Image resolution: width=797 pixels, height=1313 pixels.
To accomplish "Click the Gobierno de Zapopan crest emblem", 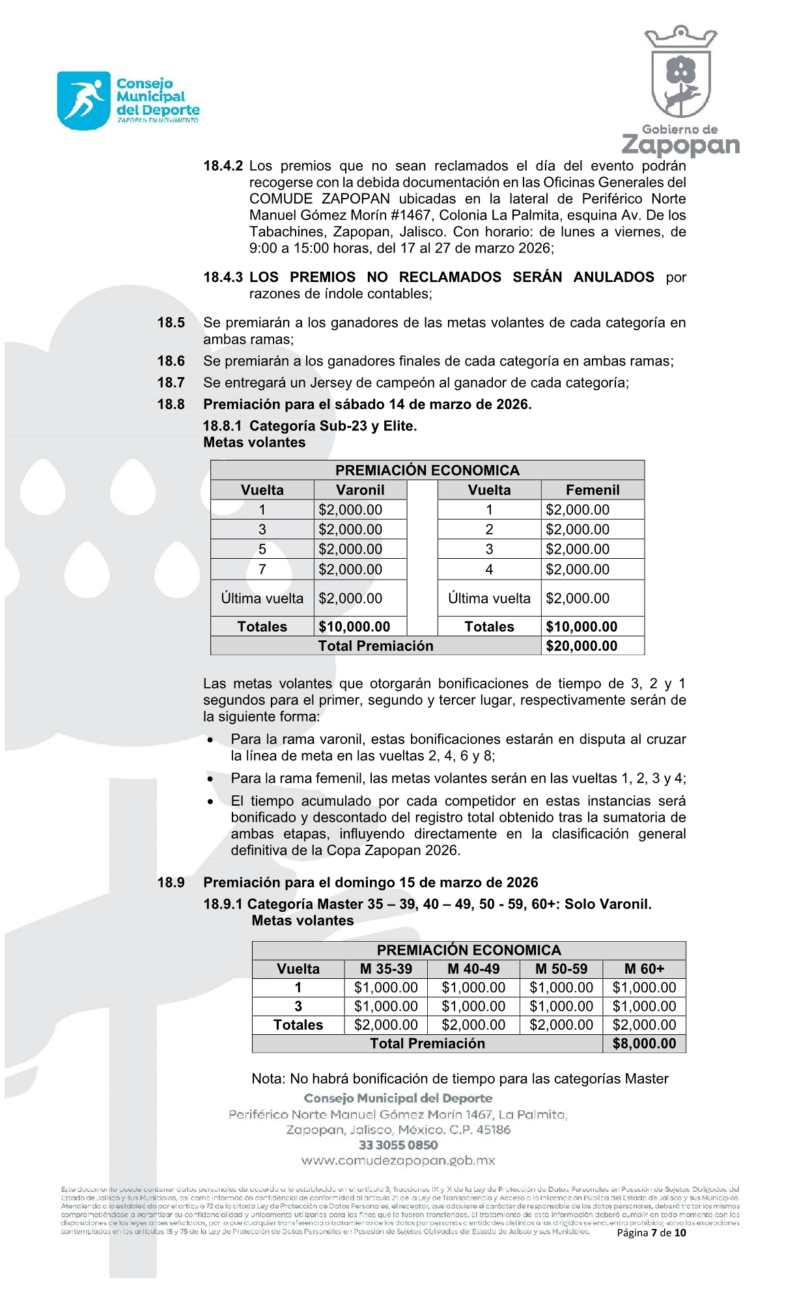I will pos(680,73).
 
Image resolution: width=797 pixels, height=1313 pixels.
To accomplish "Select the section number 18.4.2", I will pos(223,166).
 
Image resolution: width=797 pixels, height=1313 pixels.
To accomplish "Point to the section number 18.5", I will pos(171,322).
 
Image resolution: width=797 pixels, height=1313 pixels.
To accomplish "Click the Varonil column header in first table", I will pos(360,490).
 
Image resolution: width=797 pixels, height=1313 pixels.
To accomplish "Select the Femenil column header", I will pos(593,490).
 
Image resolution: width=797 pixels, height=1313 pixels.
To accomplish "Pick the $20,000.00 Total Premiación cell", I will pos(581,645).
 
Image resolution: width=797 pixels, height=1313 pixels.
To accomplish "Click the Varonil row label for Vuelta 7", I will pos(262,569).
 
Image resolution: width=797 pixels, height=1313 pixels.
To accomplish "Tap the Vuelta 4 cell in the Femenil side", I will pos(489,569).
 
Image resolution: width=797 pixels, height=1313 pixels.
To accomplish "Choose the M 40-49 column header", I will pos(473,968).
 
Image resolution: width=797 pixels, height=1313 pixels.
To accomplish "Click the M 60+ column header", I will pos(644,968).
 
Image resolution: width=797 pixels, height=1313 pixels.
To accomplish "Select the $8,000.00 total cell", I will pos(644,1043).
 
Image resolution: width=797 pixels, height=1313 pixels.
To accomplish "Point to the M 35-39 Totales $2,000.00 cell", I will pos(385,1024).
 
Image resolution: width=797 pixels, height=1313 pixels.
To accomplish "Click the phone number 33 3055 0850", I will pos(398,1145).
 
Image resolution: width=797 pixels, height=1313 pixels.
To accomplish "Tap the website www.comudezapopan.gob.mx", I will pos(398,1161).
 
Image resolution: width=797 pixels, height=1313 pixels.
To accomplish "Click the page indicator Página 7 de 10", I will pos(651,1232).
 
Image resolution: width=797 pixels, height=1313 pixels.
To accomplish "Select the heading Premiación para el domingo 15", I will pos(371,882).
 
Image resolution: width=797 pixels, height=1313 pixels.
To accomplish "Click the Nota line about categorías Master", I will pos(460,1079).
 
